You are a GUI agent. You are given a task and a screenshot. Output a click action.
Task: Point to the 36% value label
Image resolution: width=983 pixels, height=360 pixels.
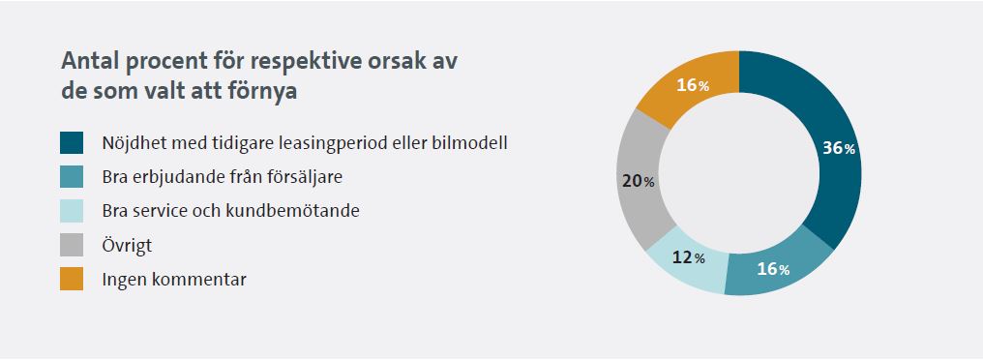839,149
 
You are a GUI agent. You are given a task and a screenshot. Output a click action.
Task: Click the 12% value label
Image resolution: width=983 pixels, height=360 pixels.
688,257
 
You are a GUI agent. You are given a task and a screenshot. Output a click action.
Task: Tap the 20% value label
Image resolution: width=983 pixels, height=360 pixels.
639,181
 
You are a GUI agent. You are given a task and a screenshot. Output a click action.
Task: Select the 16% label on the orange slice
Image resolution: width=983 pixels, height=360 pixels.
693,85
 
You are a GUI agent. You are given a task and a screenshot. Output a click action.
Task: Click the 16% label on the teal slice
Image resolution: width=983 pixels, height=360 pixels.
773,270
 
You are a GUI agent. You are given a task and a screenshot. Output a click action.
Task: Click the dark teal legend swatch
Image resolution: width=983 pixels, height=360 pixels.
72,142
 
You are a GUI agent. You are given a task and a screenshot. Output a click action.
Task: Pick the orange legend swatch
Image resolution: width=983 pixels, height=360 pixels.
72,279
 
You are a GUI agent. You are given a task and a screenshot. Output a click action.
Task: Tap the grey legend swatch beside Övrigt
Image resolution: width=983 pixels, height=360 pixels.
72,245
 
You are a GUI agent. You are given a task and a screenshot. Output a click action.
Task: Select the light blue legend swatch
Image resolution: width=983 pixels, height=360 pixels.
72,211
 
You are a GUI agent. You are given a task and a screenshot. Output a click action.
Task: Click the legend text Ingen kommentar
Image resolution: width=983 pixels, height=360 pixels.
174,280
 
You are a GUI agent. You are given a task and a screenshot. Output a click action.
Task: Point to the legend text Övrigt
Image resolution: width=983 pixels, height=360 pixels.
127,245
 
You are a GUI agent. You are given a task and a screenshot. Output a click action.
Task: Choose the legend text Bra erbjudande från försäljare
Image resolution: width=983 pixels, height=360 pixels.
223,177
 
